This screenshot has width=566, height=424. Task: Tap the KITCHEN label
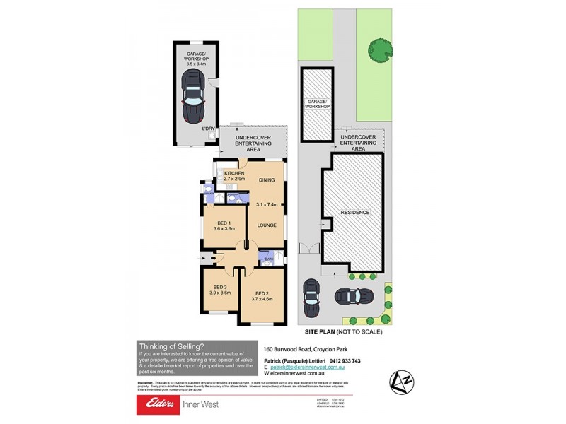point(234,173)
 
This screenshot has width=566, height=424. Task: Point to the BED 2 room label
point(262,293)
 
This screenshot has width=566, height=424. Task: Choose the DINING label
point(267,179)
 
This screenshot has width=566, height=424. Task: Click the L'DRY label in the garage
point(208,129)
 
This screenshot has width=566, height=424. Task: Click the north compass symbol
point(401,380)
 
